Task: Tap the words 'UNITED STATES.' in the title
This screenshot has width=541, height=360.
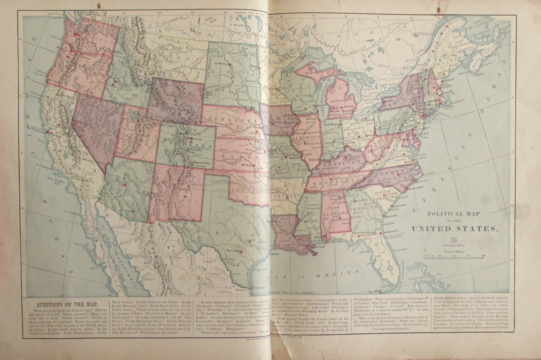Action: click(x=454, y=229)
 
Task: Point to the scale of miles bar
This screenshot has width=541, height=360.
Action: click(x=454, y=256)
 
